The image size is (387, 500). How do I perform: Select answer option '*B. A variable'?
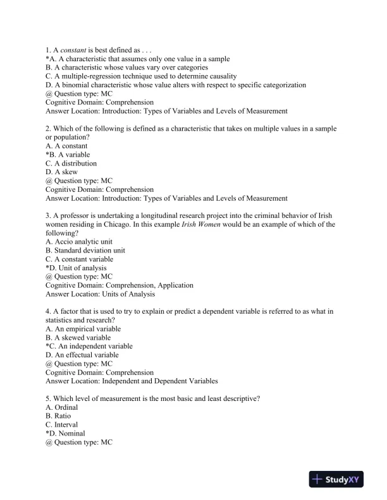[x=68, y=155]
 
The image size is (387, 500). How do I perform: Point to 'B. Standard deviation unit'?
[x=85, y=250]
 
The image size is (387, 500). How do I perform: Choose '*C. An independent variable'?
[x=89, y=346]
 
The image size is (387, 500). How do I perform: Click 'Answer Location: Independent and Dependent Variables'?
[x=132, y=381]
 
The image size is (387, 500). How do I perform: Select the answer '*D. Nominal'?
[x=65, y=434]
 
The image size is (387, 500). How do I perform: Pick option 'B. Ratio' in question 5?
[x=59, y=417]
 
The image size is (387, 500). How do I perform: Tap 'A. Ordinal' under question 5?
[x=62, y=408]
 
